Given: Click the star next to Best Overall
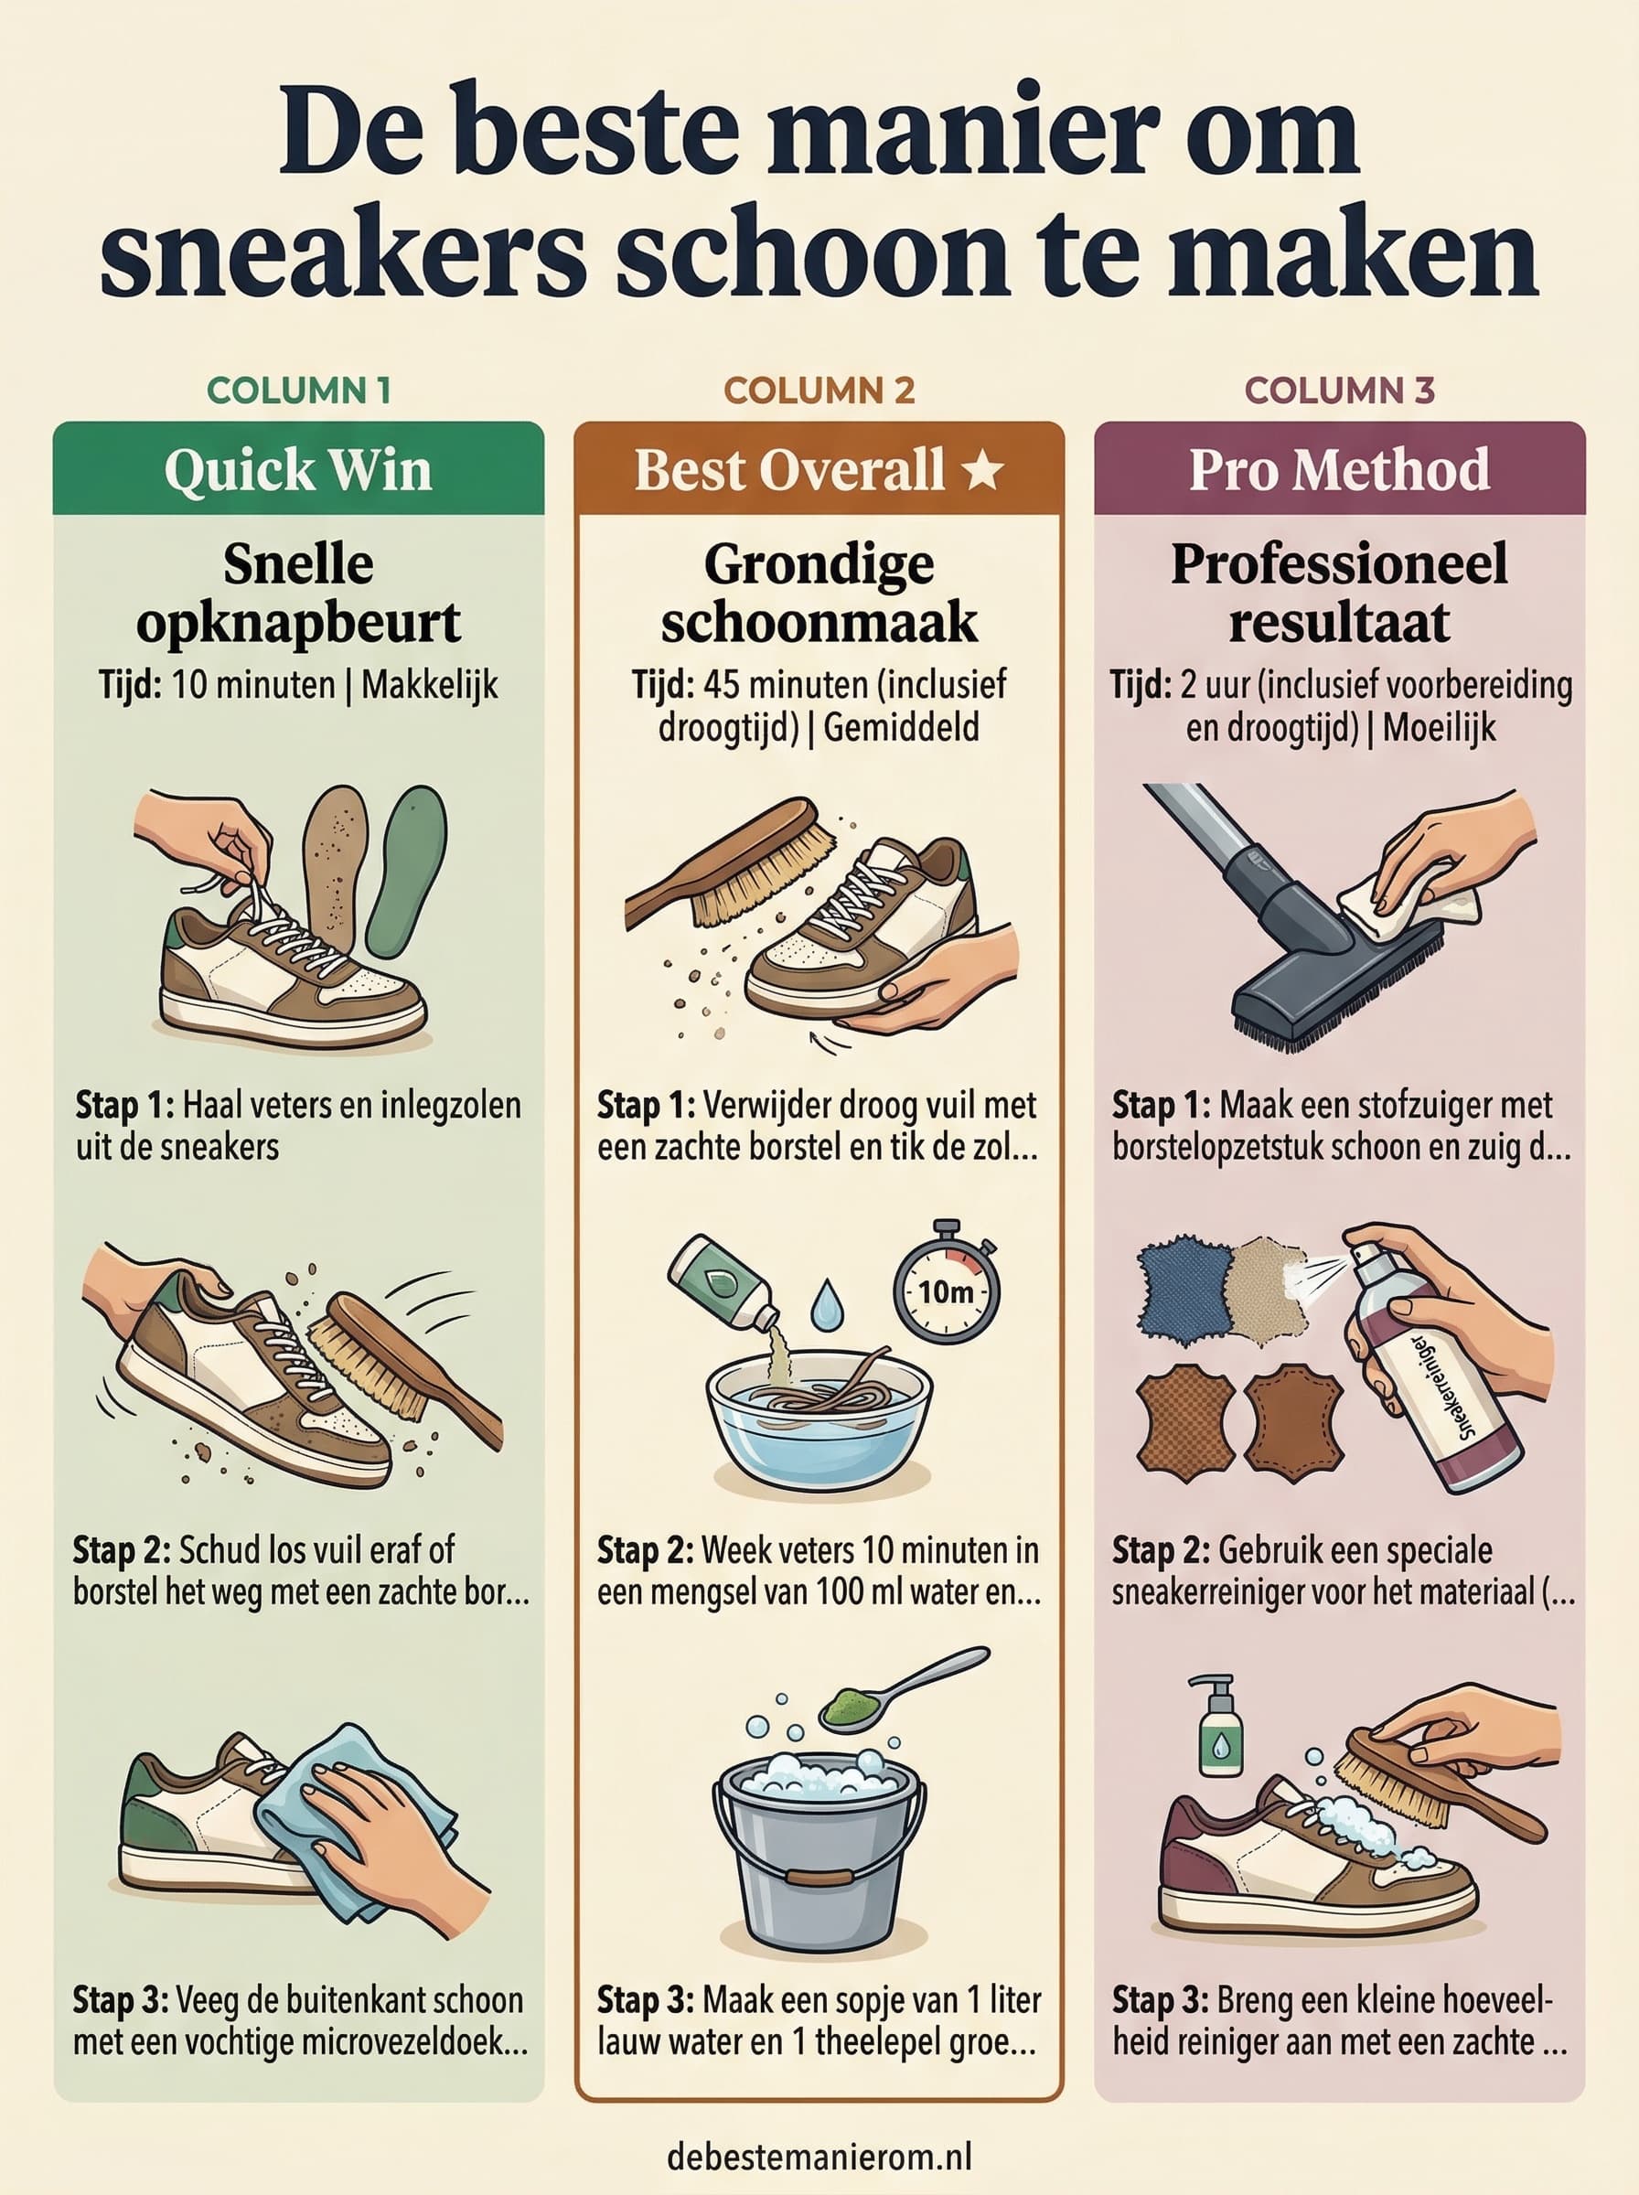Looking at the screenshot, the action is click(982, 470).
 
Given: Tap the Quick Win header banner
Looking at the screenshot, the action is click(299, 468).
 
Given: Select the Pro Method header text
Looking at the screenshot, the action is click(1339, 469).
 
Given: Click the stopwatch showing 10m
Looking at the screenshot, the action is click(947, 1281).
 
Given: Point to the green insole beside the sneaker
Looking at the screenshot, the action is click(406, 872).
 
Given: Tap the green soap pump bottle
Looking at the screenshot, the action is click(1219, 1725).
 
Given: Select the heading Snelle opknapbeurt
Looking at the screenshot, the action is click(299, 594).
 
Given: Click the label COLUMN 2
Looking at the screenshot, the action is click(819, 391).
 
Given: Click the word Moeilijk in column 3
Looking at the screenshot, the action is click(1439, 729).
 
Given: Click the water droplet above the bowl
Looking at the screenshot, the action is click(826, 1305).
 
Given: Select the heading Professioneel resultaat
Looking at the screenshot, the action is click(1339, 594).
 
